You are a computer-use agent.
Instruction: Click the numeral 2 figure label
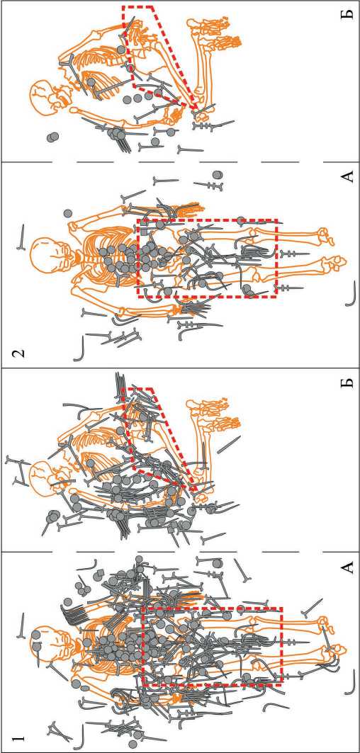tap(18, 355)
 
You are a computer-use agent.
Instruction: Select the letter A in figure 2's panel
tap(347, 176)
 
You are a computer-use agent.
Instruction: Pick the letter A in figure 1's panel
tap(347, 568)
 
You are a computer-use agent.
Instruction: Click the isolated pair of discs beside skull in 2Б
tap(52, 137)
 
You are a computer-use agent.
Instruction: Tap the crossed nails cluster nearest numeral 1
tap(56, 728)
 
